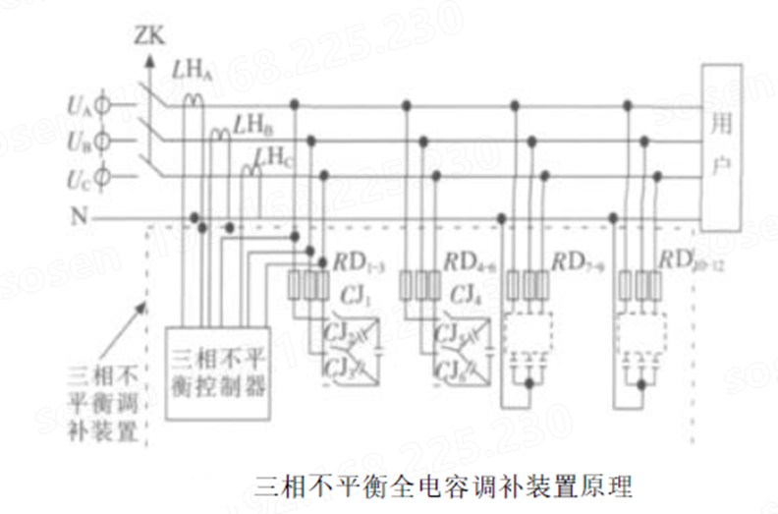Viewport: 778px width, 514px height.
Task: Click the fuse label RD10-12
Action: coord(691,261)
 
